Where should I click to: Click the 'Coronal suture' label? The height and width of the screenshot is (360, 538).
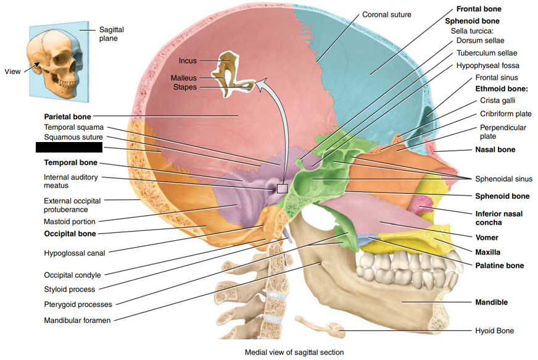(386, 14)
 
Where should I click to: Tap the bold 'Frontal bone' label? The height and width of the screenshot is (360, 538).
(478, 9)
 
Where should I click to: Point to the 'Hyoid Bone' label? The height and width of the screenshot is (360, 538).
(494, 331)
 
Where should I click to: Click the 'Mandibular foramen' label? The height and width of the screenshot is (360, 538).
(77, 320)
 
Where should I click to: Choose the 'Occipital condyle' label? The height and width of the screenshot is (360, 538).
(72, 275)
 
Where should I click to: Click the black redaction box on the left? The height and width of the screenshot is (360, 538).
(68, 147)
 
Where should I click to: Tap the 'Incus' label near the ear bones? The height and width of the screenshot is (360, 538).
(188, 61)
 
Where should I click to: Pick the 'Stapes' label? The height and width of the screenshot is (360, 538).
(184, 87)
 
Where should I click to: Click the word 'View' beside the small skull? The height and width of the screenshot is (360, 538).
(12, 71)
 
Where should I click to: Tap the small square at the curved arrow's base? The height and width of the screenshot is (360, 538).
(282, 188)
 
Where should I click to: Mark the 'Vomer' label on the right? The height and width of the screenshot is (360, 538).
(486, 237)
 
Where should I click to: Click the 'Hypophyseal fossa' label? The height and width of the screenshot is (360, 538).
(487, 65)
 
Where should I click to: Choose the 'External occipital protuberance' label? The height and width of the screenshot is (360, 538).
(72, 205)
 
